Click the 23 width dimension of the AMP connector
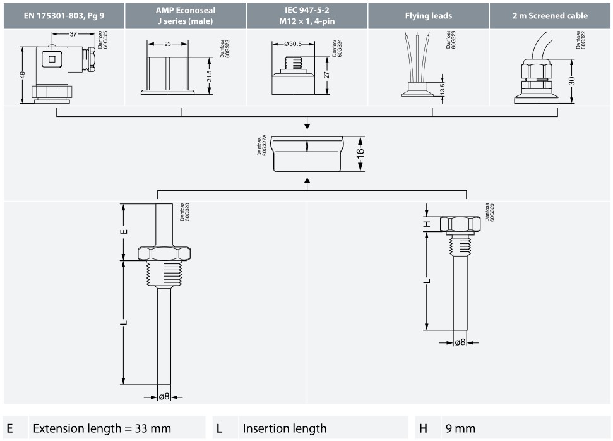tap(167, 45)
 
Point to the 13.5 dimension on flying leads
tap(442, 88)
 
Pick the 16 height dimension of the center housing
tap(360, 154)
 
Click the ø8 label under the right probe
tap(460, 342)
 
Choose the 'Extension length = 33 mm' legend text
tap(102, 428)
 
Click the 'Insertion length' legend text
tap(285, 428)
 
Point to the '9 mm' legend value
tap(460, 428)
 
